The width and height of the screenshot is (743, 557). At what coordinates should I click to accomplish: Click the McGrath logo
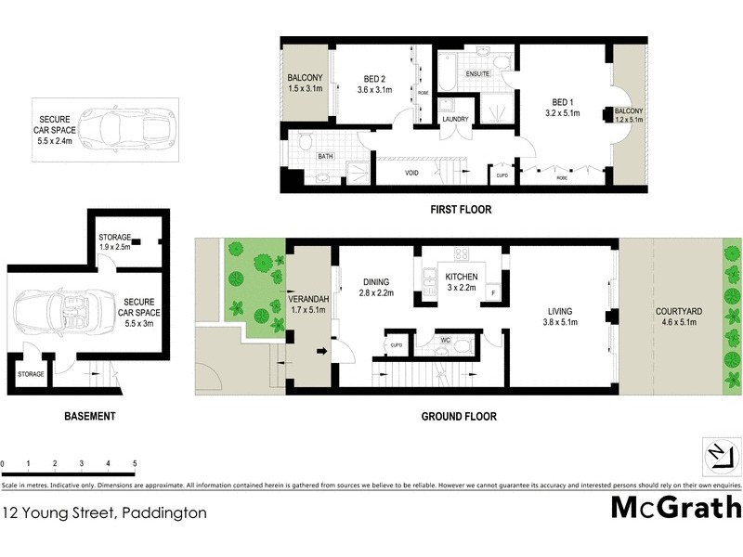coord(676,508)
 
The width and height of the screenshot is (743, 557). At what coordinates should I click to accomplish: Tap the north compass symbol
coord(722,456)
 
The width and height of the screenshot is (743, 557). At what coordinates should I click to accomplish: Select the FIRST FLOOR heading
coord(461,210)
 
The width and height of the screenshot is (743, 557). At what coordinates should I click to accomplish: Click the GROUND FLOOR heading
coord(459,417)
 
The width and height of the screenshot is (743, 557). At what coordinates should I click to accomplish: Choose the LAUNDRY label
coord(455,119)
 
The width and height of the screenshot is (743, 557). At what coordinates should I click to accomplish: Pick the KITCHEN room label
coord(462,277)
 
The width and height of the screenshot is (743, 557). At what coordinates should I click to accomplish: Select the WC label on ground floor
coord(444,340)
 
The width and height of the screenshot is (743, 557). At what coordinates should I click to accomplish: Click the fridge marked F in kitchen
coord(493,293)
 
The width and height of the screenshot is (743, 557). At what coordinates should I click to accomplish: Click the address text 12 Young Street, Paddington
coord(104,512)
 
